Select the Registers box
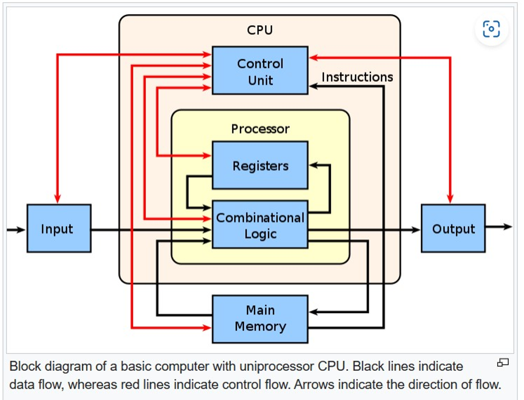pos(260,165)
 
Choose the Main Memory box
pos(260,319)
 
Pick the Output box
pos(453,228)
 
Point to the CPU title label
pos(260,30)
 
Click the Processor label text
pos(260,129)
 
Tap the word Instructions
pos(357,77)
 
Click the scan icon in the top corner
pos(491,29)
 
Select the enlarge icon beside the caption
pos(503,363)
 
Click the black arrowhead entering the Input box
pos(21,230)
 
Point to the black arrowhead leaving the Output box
pos(508,227)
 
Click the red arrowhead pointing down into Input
pos(58,198)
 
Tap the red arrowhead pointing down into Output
pos(450,198)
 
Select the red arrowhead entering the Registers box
pos(207,155)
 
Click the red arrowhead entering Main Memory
pos(207,327)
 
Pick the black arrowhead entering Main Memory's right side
pos(313,312)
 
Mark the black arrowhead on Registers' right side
pos(313,165)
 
